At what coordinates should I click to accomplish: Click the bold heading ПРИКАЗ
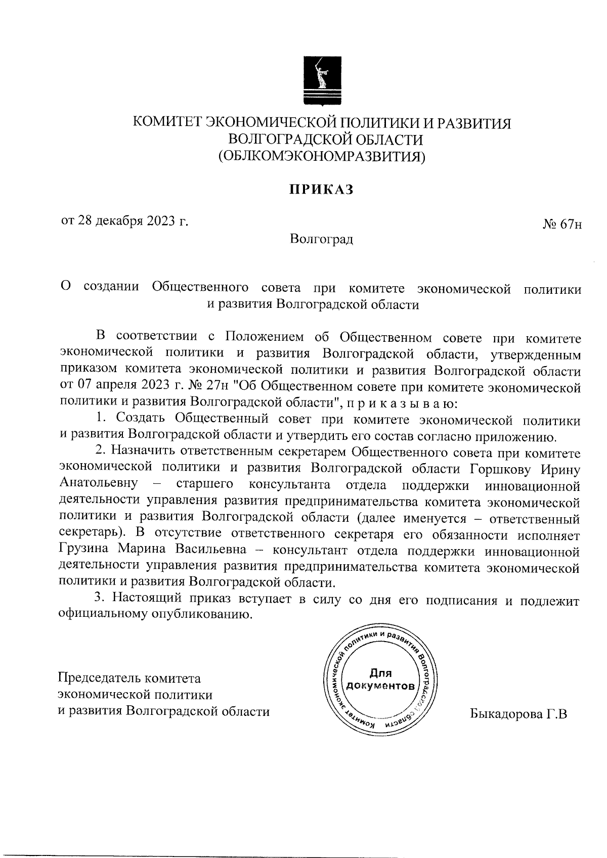321,190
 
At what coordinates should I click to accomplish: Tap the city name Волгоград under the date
322,238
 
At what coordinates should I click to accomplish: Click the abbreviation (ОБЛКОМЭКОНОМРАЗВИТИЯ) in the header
322,156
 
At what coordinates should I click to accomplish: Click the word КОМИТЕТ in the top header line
163,123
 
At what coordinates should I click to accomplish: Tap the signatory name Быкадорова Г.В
518,714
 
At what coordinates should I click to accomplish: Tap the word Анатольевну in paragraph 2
99,484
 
